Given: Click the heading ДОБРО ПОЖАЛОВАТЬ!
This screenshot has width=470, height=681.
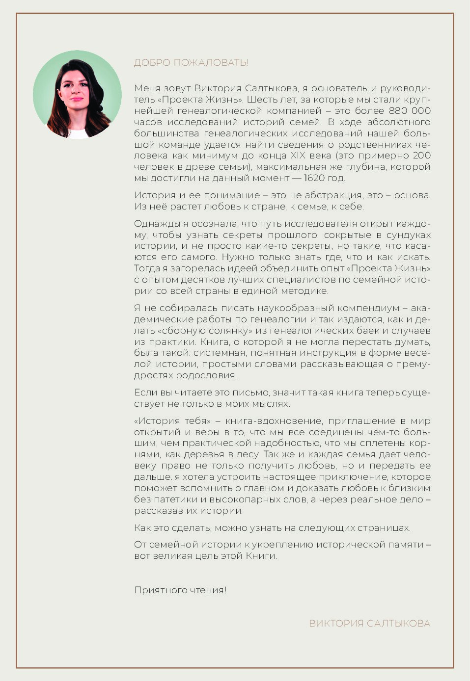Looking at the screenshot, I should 191,63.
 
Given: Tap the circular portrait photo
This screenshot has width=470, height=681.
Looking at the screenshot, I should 77,95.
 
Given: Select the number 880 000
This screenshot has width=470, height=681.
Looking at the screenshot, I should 410,111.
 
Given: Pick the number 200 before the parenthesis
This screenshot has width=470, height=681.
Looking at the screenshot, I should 421,156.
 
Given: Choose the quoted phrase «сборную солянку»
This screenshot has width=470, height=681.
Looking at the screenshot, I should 193,331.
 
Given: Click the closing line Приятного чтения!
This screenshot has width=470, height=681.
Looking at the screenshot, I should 180,590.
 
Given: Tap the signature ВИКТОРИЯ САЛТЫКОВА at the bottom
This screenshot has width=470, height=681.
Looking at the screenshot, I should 369,624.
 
